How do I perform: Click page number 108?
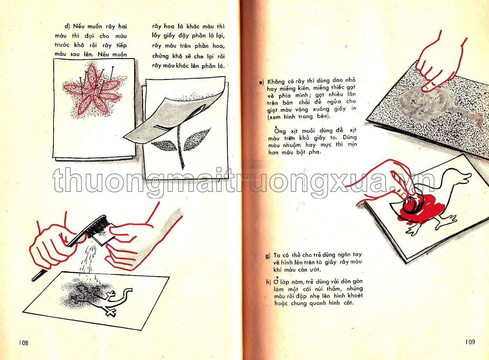tap(24, 343)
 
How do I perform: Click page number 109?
tap(470, 342)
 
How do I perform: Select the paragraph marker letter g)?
tap(268, 256)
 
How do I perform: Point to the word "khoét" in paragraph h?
tap(355, 296)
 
